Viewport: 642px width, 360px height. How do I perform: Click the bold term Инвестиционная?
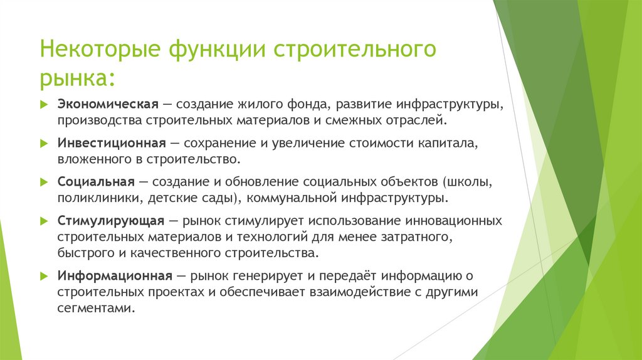tap(112, 142)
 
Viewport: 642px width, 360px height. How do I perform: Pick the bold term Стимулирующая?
tap(111, 221)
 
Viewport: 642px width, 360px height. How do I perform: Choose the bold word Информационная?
tap(115, 275)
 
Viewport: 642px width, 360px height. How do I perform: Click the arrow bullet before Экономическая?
tap(44, 103)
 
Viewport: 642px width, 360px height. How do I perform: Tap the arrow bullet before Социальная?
tap(44, 182)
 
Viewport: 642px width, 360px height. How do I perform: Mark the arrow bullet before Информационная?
tap(44, 275)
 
